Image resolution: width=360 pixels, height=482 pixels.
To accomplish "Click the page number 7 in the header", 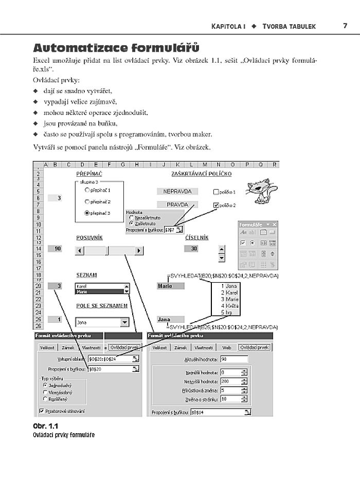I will coord(345,26).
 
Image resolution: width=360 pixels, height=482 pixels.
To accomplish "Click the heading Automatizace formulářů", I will coord(116,49).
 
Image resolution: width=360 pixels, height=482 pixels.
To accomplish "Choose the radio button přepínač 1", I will coord(87,190).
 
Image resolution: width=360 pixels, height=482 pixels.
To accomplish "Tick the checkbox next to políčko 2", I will coord(215,205).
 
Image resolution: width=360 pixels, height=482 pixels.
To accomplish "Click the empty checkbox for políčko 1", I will coord(215,192).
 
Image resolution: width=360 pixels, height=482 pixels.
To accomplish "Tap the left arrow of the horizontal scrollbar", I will coord(79,251).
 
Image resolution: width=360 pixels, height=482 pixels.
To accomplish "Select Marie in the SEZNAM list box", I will coord(98,291).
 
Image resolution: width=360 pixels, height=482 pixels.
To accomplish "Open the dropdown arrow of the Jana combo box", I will coord(124,323).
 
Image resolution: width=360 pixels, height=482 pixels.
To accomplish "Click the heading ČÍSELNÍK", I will coord(197,237).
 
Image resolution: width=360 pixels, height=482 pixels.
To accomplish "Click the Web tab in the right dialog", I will coord(226,347).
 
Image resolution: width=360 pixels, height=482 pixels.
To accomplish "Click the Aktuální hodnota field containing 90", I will coord(233,359).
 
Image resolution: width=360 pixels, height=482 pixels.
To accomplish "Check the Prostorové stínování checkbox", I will coord(42,411).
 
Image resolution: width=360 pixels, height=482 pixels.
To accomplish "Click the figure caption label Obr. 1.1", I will coord(46,427).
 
